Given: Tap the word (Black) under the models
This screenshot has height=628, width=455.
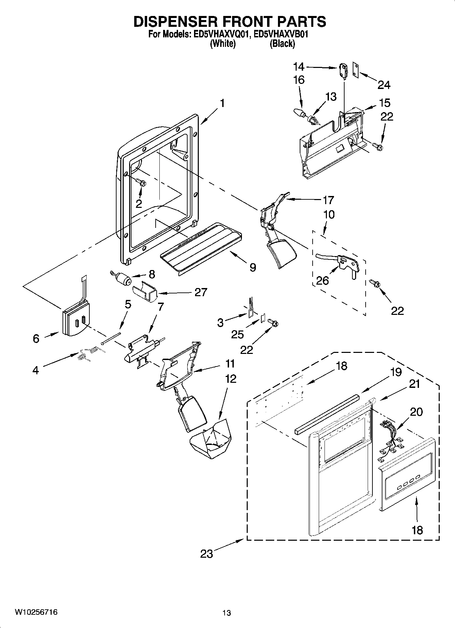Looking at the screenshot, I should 282,44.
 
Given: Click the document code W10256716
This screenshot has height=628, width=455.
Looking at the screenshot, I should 36,612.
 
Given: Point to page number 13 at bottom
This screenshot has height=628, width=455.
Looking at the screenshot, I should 227,613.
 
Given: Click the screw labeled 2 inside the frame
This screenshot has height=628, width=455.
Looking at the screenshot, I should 142,183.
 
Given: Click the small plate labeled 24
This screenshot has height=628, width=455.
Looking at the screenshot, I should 356,70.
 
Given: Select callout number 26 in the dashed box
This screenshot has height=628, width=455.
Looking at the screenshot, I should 322,281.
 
